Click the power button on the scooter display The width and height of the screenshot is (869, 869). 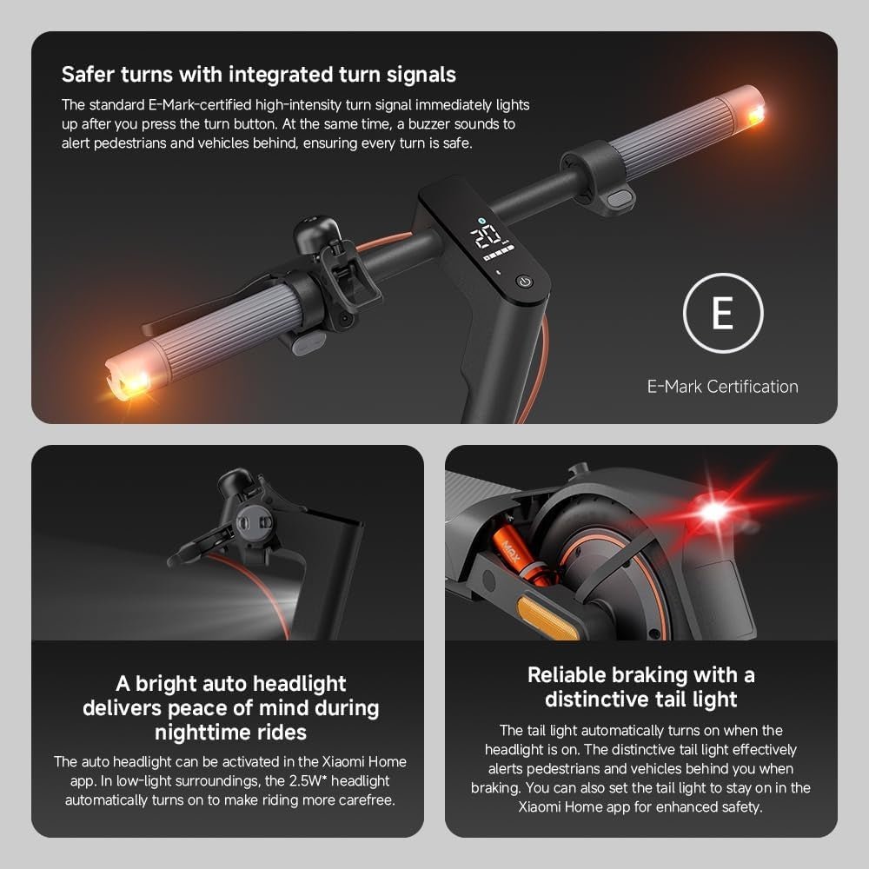click(524, 282)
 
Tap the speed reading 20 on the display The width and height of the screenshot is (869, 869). click(486, 235)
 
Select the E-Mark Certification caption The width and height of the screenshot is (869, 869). click(722, 387)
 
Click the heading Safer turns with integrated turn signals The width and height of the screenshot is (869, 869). click(259, 74)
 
